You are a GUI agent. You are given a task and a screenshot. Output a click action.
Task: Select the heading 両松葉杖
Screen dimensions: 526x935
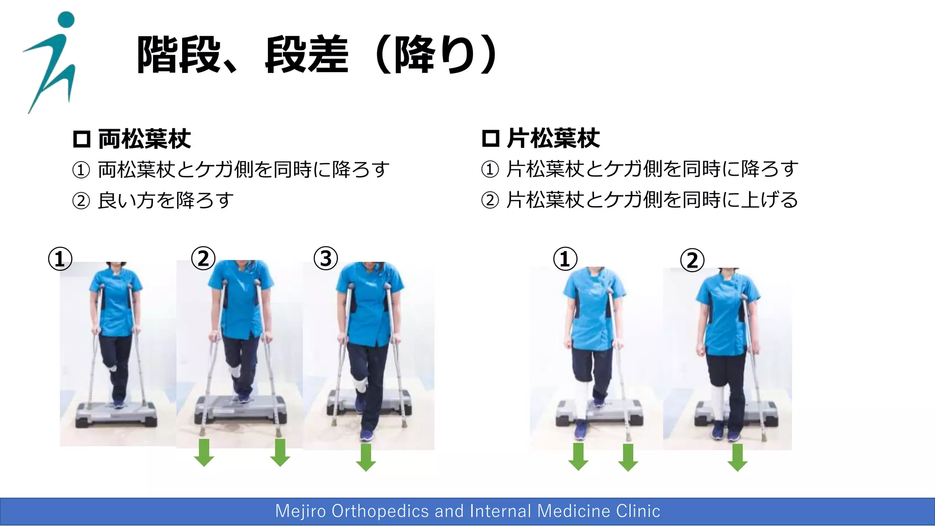point(144,139)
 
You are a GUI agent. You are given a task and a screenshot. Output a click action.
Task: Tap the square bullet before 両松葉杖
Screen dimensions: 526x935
point(82,139)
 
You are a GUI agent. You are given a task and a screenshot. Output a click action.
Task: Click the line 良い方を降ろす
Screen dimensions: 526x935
point(165,200)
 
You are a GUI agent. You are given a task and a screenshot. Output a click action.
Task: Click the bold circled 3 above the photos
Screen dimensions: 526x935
point(326,258)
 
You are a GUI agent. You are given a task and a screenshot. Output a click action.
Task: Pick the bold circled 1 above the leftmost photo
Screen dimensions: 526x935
point(60,259)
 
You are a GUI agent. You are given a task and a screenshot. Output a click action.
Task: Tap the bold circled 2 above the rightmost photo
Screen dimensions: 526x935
point(692,260)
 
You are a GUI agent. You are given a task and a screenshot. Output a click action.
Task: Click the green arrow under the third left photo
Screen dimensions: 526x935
point(366,458)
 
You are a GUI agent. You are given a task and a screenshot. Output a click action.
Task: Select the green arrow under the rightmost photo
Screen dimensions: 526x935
point(737,458)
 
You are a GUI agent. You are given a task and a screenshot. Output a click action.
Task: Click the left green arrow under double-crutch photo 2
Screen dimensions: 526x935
point(204,452)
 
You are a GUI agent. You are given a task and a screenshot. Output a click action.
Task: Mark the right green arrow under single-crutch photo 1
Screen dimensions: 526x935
point(628,457)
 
